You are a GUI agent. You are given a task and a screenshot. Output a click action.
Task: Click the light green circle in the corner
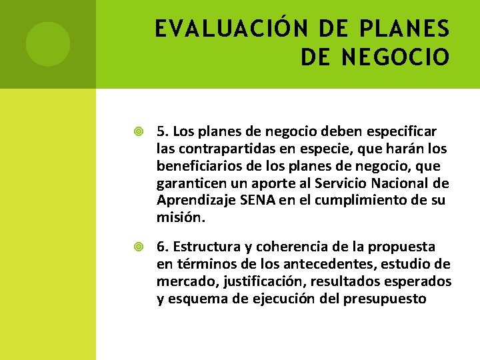[x=48, y=44]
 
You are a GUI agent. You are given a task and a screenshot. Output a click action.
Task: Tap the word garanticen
[x=189, y=183]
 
